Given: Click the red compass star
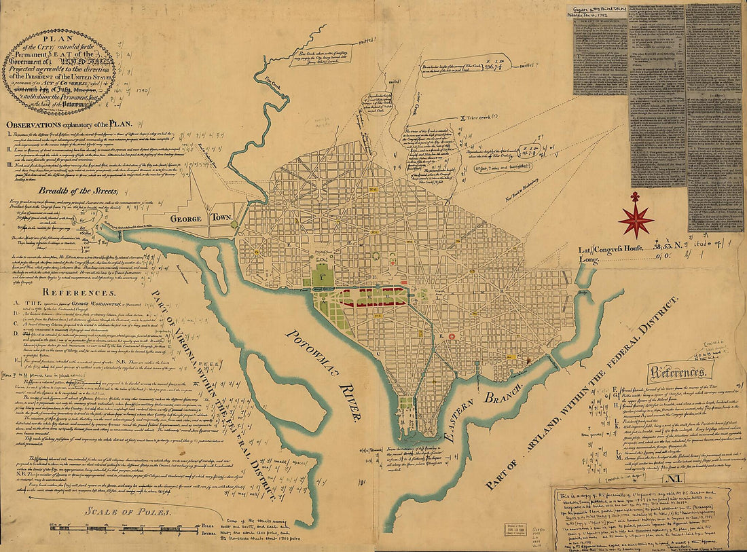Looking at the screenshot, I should (636, 219).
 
